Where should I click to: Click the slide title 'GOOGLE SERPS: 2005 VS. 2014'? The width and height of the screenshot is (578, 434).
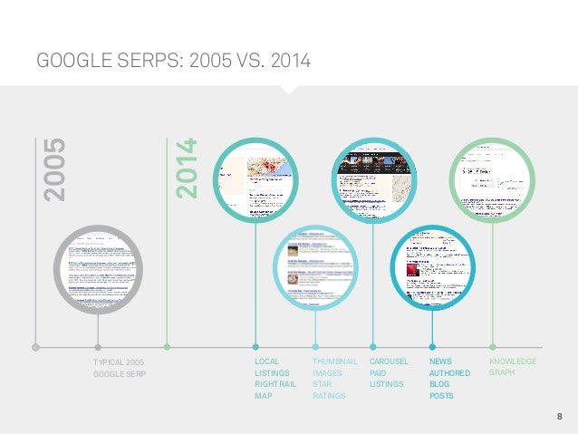click(172, 61)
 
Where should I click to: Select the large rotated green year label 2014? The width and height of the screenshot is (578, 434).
click(186, 169)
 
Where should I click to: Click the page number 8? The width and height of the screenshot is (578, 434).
click(559, 416)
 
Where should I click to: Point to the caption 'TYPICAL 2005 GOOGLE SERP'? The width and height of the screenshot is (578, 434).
click(119, 367)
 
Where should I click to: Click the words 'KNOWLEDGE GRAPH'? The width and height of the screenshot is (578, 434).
click(512, 367)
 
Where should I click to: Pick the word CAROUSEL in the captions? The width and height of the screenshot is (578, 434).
click(390, 362)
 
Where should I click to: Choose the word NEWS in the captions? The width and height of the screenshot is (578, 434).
click(439, 362)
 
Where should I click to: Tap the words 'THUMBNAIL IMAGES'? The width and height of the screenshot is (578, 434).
click(334, 367)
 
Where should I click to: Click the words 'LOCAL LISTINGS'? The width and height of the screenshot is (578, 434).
click(273, 367)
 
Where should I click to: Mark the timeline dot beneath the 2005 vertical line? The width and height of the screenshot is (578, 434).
click(34, 346)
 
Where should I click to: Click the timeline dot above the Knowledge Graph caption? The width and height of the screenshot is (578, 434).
click(493, 346)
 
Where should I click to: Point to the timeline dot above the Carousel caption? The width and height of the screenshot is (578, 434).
click(374, 346)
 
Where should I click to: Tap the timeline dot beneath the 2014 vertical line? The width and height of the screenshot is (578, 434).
click(167, 346)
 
